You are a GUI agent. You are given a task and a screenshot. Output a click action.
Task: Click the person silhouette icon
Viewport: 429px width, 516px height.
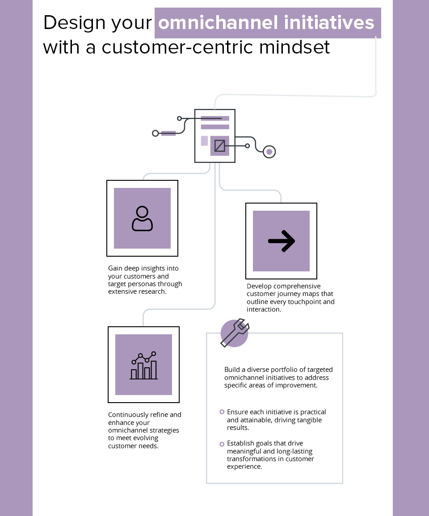coord(142,218)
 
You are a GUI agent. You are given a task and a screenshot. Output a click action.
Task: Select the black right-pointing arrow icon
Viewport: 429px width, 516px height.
coord(281,241)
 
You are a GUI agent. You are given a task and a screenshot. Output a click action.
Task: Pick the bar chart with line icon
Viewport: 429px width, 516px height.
coord(143,365)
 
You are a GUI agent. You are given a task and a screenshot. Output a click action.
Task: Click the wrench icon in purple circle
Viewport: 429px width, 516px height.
coord(235,333)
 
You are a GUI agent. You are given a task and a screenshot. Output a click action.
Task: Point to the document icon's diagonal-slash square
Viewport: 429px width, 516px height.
coord(219,146)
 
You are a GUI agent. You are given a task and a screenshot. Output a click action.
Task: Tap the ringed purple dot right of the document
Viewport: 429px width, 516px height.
coord(269,152)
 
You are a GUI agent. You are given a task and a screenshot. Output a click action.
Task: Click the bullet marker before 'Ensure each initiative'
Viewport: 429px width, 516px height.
coord(222,412)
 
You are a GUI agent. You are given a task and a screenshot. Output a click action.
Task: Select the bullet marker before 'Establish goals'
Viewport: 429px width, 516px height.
coord(222,444)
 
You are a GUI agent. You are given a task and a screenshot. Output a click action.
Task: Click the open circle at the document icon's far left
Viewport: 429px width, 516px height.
coord(156,133)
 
